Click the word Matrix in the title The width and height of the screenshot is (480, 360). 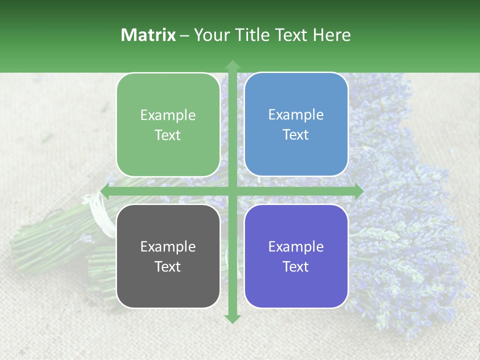(x=148, y=35)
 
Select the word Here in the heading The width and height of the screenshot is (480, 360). (x=331, y=35)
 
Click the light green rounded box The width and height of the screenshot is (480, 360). (x=168, y=124)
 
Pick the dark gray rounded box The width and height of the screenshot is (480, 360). (x=168, y=256)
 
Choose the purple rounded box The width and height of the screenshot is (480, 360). (x=296, y=256)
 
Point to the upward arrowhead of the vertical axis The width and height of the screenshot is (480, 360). (x=232, y=65)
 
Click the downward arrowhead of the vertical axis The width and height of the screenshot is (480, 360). (x=232, y=318)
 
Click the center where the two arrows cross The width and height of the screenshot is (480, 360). (x=232, y=191)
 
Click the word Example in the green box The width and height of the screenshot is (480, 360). (x=168, y=115)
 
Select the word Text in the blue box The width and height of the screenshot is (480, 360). (x=296, y=135)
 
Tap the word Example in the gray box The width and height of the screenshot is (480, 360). (x=168, y=247)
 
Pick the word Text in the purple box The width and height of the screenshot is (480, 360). (x=296, y=266)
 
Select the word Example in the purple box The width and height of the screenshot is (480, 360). (x=296, y=247)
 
